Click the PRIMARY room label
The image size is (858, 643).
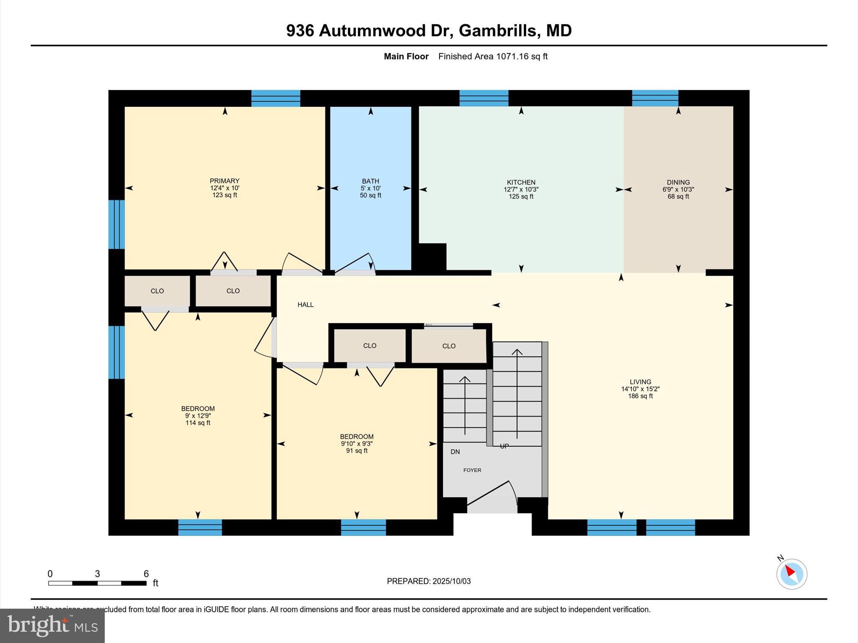225,181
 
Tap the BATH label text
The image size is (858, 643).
370,181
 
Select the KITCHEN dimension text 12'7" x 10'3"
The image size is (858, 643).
521,189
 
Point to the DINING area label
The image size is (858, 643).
678,183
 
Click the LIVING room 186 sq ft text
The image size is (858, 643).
640,396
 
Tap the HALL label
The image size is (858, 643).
305,305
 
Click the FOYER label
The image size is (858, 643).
472,470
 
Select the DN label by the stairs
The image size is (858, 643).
455,452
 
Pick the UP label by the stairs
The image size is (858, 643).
504,446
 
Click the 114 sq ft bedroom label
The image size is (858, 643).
198,423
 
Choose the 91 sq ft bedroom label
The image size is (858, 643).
357,451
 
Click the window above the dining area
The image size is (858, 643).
655,98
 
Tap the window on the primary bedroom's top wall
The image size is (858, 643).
275,98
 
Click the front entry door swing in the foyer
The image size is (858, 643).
492,494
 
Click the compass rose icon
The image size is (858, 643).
791,574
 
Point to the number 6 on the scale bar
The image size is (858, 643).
146,574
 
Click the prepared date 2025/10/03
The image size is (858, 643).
451,581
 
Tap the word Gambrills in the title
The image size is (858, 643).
497,31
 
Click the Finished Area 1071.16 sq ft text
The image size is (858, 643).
493,57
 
